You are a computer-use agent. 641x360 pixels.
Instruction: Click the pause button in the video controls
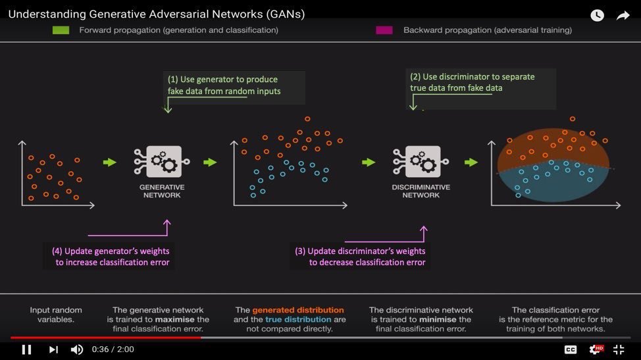[x=26, y=349]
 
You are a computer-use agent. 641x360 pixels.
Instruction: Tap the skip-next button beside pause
[x=53, y=349]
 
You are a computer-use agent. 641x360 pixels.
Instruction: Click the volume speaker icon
[x=77, y=349]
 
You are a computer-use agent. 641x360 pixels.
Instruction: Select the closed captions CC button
[x=571, y=349]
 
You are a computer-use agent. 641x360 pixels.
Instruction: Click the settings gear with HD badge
[x=595, y=349]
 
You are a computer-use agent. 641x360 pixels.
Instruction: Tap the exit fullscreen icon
[x=619, y=349]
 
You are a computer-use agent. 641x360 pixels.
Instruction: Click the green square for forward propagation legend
[x=61, y=30]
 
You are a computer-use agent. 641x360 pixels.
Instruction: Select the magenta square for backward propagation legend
[x=384, y=30]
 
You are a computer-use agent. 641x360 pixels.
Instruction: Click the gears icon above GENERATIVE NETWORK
[x=161, y=162]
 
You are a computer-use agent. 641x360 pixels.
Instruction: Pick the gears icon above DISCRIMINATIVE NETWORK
[x=422, y=162]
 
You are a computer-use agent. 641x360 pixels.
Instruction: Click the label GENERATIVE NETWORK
[x=161, y=191]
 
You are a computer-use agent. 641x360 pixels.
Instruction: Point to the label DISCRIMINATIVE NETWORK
[x=421, y=191]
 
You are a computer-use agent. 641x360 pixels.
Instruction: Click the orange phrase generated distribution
[x=298, y=310]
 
